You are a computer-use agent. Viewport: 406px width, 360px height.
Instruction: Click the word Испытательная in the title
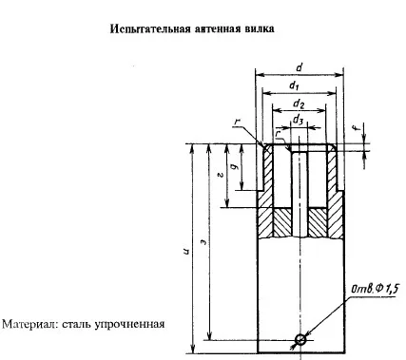point(150,29)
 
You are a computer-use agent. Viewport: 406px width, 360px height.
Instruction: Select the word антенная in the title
point(218,28)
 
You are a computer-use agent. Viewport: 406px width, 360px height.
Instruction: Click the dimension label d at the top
point(299,67)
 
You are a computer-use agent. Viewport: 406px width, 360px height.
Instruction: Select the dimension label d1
point(294,85)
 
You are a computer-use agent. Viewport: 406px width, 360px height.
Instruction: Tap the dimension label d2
point(299,104)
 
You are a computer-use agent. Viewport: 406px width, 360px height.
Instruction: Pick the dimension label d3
point(298,121)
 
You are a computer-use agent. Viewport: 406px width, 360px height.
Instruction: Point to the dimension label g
point(235,167)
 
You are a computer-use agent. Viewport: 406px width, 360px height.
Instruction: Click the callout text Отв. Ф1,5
point(375,289)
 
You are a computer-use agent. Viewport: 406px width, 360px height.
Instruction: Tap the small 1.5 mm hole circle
point(300,340)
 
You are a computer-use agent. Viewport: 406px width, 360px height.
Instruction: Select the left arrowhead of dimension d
point(260,75)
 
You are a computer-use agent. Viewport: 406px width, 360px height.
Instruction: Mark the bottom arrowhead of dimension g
point(242,186)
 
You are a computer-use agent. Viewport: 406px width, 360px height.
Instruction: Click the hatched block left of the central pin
point(282,222)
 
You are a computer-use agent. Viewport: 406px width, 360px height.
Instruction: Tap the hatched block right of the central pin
point(318,222)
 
